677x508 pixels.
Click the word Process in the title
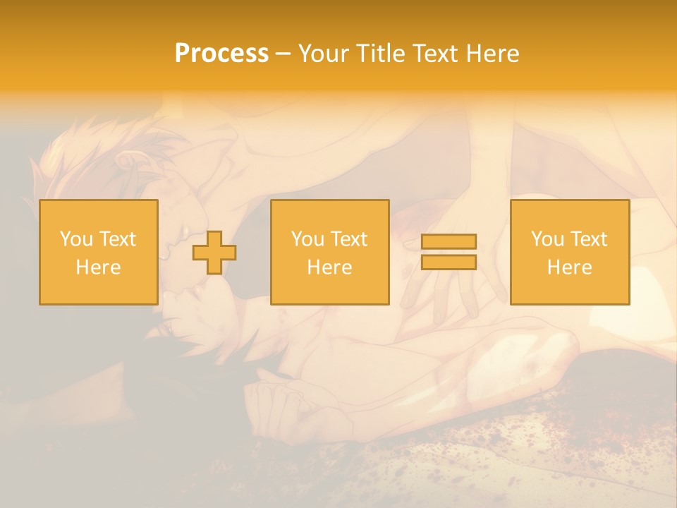[221, 54]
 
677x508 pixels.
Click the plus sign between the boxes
[214, 252]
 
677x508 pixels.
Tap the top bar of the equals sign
[449, 241]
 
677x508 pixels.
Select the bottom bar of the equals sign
[449, 262]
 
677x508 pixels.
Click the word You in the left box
[76, 239]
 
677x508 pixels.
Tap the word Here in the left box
[98, 267]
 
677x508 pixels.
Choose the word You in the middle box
[307, 239]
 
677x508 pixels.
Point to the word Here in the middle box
[329, 267]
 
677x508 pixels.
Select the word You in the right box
[547, 239]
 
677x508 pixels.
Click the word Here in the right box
[569, 267]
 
